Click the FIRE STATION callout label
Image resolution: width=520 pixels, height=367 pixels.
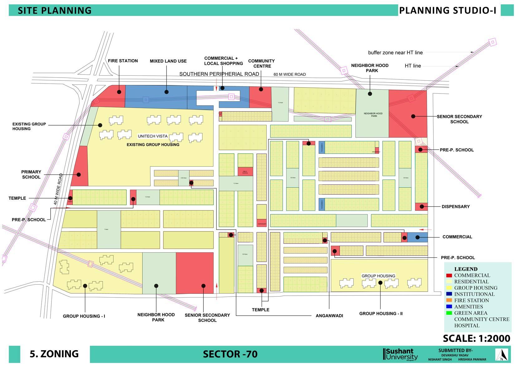point(123,61)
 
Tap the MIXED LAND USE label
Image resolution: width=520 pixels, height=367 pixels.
point(168,61)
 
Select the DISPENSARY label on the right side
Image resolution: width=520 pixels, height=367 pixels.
point(455,207)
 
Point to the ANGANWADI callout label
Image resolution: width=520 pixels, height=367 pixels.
point(329,316)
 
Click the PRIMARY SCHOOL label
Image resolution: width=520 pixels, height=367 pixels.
point(31,174)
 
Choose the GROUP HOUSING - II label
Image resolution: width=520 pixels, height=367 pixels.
point(381,313)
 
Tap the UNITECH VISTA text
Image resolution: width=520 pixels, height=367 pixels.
point(153,136)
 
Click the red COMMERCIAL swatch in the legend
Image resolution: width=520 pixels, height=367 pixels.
point(449,275)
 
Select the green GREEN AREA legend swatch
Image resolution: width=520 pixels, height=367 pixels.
point(449,313)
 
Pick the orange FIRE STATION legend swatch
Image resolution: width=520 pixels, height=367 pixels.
point(449,300)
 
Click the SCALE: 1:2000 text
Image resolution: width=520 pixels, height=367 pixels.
point(476,338)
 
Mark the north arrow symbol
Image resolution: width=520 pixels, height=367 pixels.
point(502,355)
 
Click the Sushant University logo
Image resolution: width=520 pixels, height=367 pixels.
point(401,354)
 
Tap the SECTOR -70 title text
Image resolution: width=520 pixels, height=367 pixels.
point(230,354)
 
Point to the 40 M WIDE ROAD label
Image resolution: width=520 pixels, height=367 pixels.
point(58,189)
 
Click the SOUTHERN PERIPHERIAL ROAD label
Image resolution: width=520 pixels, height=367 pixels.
point(219,74)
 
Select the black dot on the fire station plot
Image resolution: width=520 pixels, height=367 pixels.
point(119,92)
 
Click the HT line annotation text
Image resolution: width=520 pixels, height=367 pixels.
point(413,66)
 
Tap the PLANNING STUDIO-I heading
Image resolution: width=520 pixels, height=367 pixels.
point(447,10)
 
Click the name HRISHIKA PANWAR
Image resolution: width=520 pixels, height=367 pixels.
point(472,360)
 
